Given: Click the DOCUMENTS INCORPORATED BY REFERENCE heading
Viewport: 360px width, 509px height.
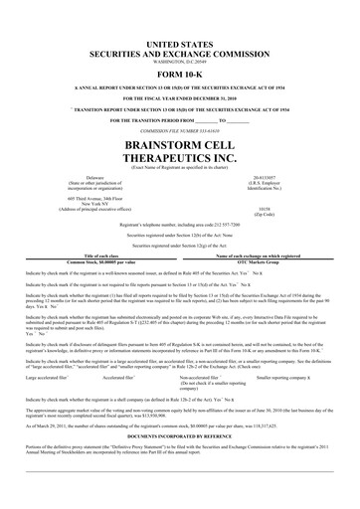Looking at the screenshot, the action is (179, 408).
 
